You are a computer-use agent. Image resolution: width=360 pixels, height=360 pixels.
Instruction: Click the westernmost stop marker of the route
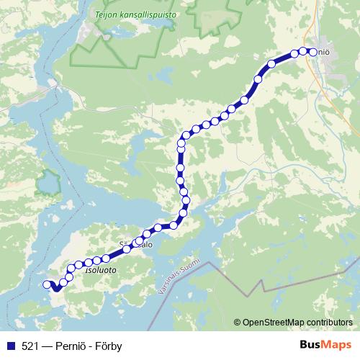(48, 284)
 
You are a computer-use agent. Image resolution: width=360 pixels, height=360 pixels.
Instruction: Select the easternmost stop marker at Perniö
(312, 51)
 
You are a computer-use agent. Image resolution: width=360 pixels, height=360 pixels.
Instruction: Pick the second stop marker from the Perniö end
(303, 50)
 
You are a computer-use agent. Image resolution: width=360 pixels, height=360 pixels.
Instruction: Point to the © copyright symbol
(238, 322)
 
